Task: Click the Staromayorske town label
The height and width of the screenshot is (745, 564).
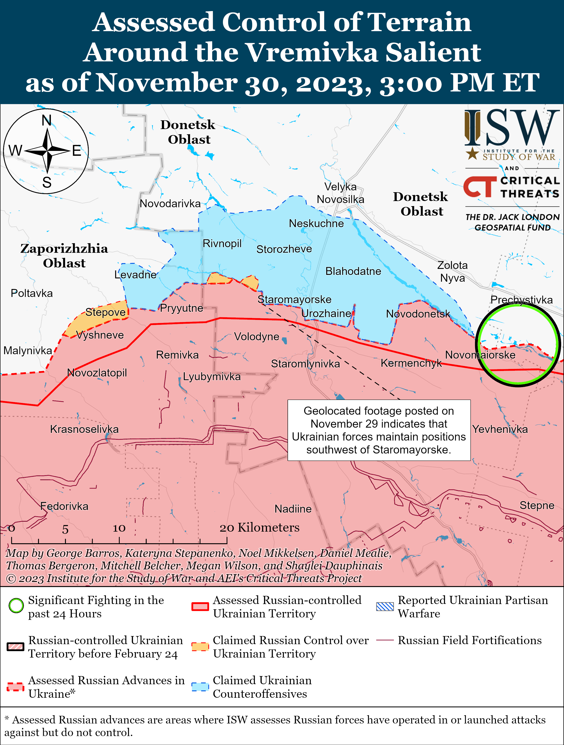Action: click(294, 299)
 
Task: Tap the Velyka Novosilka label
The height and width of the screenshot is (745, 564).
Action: click(340, 193)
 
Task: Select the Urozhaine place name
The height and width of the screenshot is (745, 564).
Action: click(326, 314)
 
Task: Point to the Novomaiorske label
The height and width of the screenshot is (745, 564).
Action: click(480, 355)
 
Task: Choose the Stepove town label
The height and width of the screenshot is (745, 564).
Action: click(105, 312)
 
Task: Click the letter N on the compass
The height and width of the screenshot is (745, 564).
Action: click(46, 120)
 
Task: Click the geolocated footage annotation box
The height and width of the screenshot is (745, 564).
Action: click(379, 430)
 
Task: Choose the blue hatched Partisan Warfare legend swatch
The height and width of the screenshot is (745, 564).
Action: click(385, 606)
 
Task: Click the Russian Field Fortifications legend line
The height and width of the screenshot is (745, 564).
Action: click(385, 640)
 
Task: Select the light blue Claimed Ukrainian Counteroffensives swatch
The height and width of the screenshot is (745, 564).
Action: click(200, 687)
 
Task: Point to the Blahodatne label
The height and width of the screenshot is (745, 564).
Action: click(353, 272)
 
